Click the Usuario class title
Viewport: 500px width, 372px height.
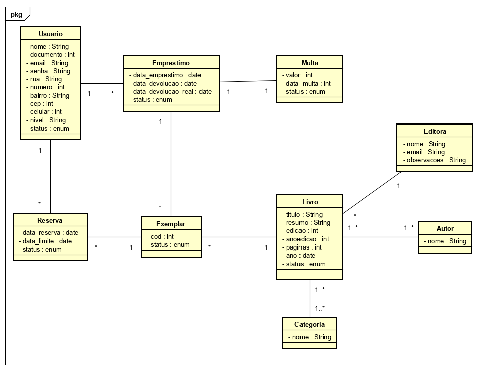click(x=50, y=34)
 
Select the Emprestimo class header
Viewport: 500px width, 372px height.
click(x=171, y=63)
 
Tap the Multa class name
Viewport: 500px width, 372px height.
click(x=310, y=63)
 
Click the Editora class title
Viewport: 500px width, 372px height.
click(x=435, y=131)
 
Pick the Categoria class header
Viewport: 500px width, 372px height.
click(x=309, y=324)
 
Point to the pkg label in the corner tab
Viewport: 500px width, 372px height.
click(x=16, y=14)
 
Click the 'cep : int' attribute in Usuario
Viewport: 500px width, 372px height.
click(x=41, y=103)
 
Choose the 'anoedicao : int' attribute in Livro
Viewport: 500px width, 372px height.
click(x=308, y=239)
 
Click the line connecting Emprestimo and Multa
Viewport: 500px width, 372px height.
click(x=248, y=81)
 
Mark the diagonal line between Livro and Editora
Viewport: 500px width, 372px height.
click(x=372, y=193)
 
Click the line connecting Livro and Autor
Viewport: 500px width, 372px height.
click(x=380, y=237)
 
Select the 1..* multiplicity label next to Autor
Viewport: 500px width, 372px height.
click(x=409, y=228)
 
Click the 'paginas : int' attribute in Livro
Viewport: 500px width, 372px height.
click(x=304, y=247)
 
